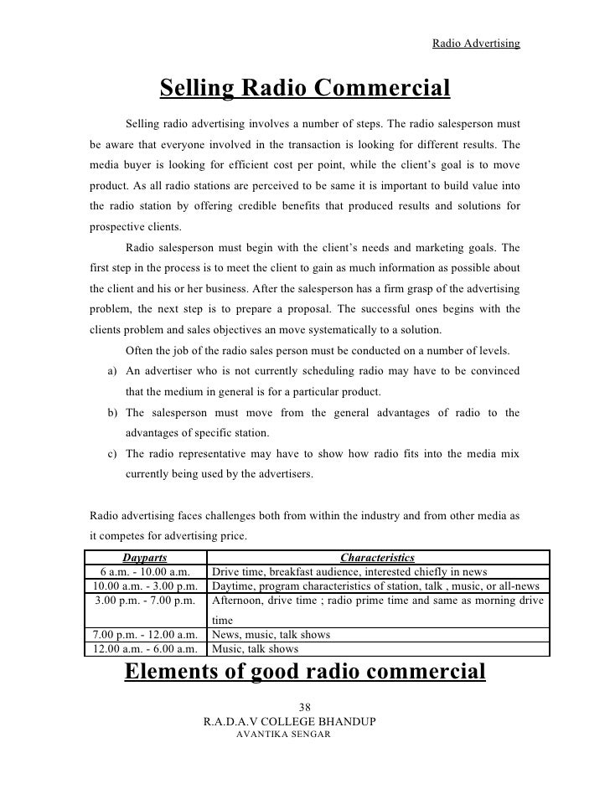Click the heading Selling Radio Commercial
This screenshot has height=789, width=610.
(x=305, y=88)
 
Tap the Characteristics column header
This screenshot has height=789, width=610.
(x=377, y=557)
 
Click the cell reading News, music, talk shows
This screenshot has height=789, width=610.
(x=271, y=635)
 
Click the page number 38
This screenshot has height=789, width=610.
(x=305, y=705)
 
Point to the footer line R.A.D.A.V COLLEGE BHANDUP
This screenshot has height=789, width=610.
(x=305, y=720)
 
